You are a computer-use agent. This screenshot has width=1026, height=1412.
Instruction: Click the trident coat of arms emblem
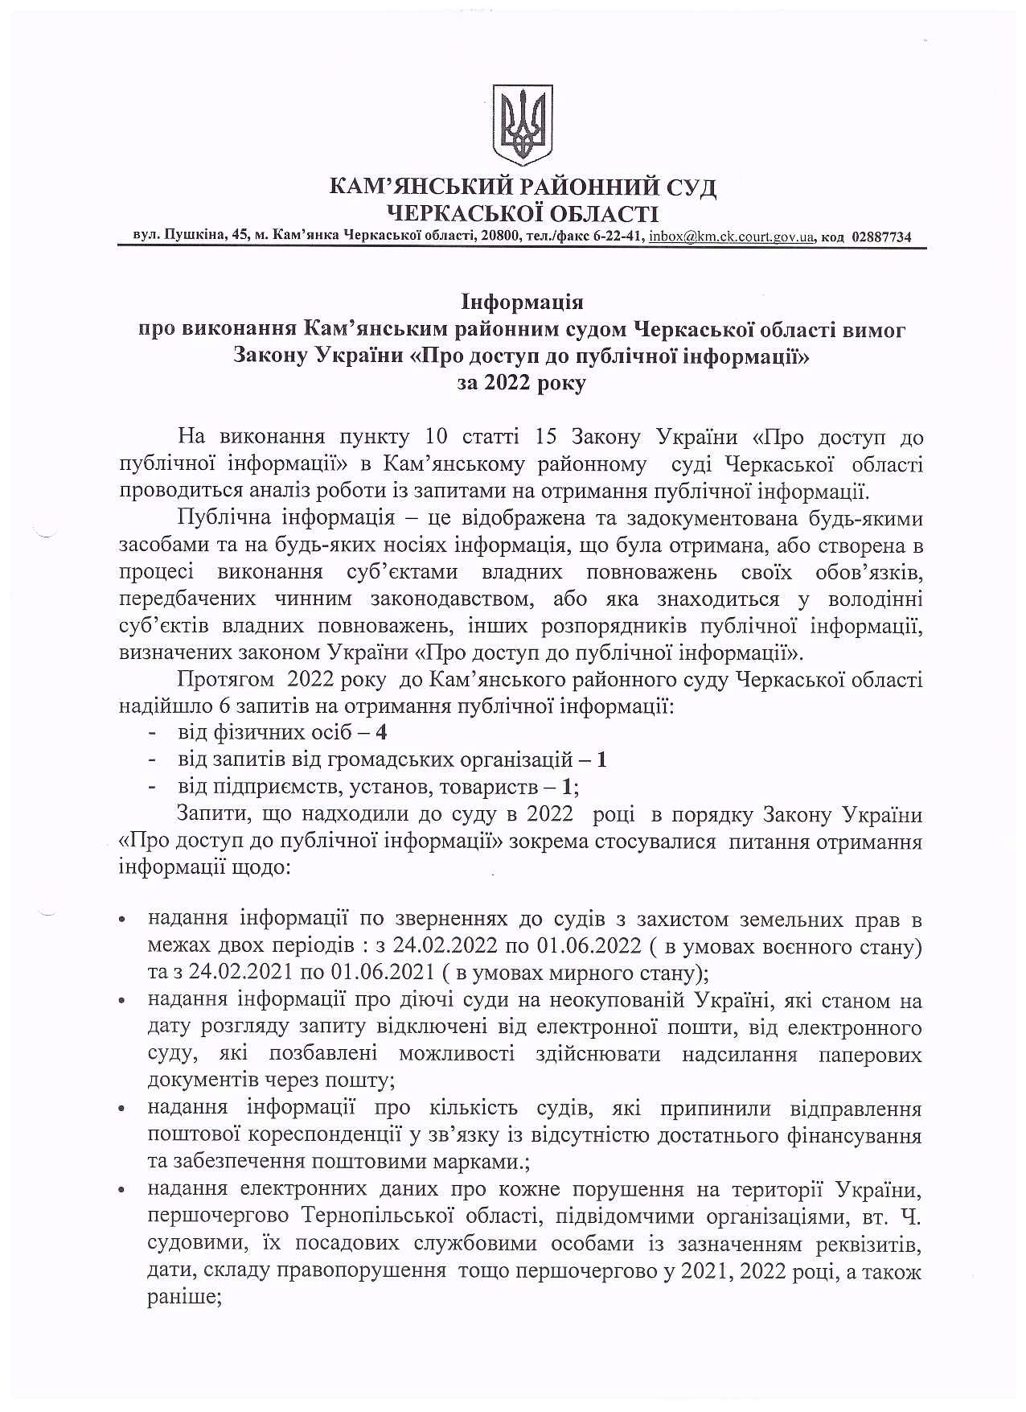point(522,125)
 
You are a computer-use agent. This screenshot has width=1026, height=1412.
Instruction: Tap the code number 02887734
point(880,237)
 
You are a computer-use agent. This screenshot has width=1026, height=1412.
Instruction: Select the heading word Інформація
point(522,303)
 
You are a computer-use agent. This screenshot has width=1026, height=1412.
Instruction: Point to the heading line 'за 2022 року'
point(522,382)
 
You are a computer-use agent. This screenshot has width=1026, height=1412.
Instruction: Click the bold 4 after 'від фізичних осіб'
point(381,732)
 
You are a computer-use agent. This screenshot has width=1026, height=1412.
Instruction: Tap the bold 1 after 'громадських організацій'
point(601,759)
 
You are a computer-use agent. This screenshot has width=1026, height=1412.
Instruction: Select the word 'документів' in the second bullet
point(197,1081)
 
